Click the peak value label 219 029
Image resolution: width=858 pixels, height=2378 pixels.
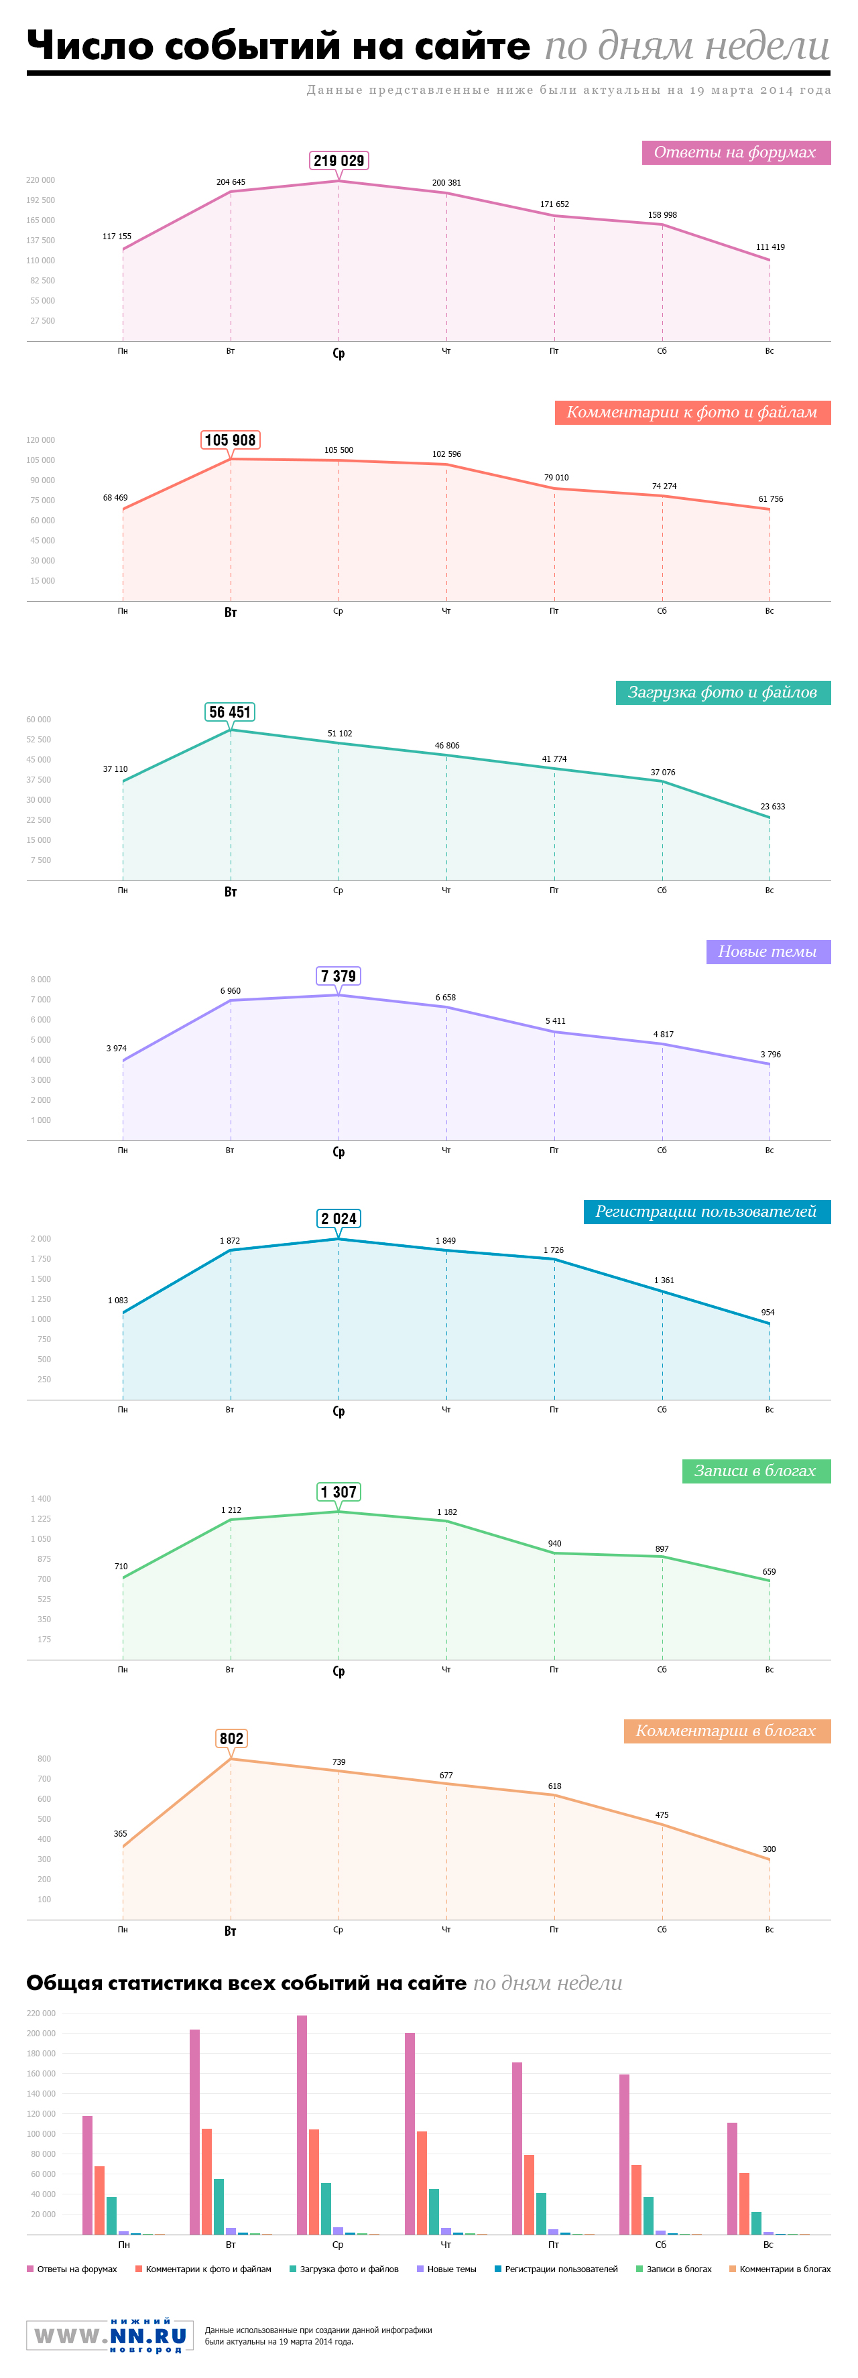pos(339,161)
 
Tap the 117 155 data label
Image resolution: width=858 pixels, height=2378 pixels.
pos(117,237)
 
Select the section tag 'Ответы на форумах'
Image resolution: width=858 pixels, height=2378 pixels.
pos(735,152)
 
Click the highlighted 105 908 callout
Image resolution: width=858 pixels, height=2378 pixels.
pos(230,440)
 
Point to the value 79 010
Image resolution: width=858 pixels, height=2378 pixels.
pos(556,477)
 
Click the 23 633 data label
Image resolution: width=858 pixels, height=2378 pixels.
pos(772,806)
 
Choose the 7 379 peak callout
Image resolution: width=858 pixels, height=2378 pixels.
pos(338,976)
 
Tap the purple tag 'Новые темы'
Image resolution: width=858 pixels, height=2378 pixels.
pos(767,951)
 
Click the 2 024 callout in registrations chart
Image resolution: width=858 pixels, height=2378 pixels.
pos(338,1219)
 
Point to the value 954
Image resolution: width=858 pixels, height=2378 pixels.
pos(768,1312)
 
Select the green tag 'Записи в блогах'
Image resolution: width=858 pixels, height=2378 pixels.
pos(755,1471)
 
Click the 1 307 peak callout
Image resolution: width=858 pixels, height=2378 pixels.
pos(338,1492)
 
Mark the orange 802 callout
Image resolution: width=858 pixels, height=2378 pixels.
pos(231,1738)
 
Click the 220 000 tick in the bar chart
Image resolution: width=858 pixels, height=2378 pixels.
pos(41,2012)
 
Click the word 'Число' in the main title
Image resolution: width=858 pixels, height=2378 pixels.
pos(81,46)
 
